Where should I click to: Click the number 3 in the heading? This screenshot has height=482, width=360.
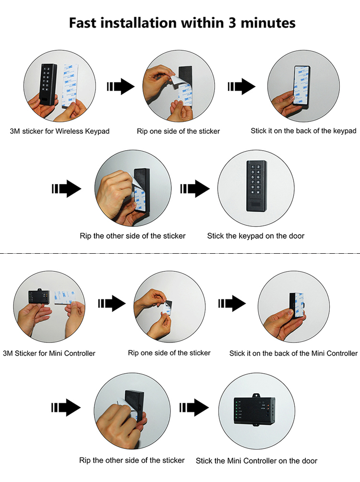pos(232,23)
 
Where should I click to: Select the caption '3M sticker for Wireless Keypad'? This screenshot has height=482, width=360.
pos(60,131)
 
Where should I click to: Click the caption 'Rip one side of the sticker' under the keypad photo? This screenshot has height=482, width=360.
pos(179,131)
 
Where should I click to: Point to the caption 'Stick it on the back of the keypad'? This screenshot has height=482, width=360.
pos(303,131)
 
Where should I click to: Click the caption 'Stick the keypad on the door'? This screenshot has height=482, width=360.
pos(256,236)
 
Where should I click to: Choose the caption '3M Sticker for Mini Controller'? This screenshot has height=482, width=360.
pos(49,353)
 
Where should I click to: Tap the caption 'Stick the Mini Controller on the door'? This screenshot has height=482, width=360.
pos(257,461)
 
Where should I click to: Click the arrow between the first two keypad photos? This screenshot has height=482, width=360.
pos(120,86)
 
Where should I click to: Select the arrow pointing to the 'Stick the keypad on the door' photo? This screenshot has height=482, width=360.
pos(195,188)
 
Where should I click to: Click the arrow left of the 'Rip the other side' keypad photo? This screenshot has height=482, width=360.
pos(66,188)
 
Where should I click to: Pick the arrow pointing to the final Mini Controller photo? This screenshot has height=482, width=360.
pos(194,408)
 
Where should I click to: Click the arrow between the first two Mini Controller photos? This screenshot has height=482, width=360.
pos(112,304)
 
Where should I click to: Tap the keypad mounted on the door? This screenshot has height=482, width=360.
pos(257,186)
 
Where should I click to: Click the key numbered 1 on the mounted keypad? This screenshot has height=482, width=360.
pos(252,167)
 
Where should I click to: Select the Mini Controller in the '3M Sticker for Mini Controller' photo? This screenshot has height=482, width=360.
pos(39,296)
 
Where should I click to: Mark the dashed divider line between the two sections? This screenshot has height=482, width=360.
pos(180,254)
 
